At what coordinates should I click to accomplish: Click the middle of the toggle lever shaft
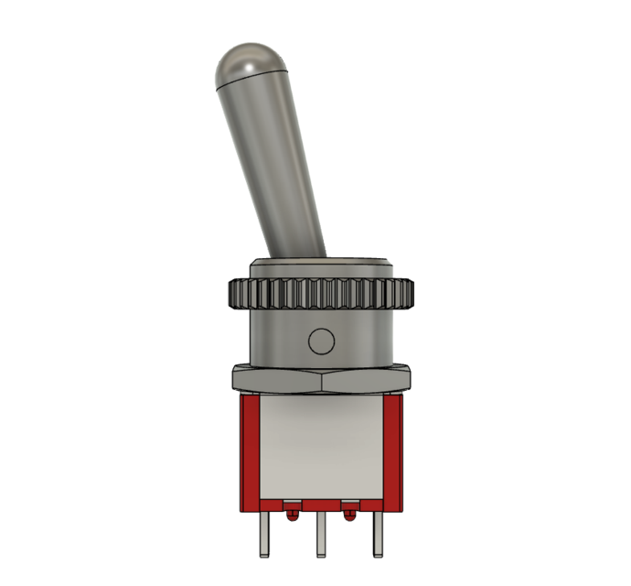(274, 165)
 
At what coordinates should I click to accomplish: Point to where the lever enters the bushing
(298, 257)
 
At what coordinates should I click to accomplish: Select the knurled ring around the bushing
(321, 294)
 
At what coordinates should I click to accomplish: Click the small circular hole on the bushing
(321, 342)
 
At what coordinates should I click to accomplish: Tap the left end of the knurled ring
(233, 294)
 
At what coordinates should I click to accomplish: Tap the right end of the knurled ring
(409, 294)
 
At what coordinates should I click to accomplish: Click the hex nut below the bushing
(321, 377)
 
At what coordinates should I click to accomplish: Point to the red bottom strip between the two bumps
(321, 505)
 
